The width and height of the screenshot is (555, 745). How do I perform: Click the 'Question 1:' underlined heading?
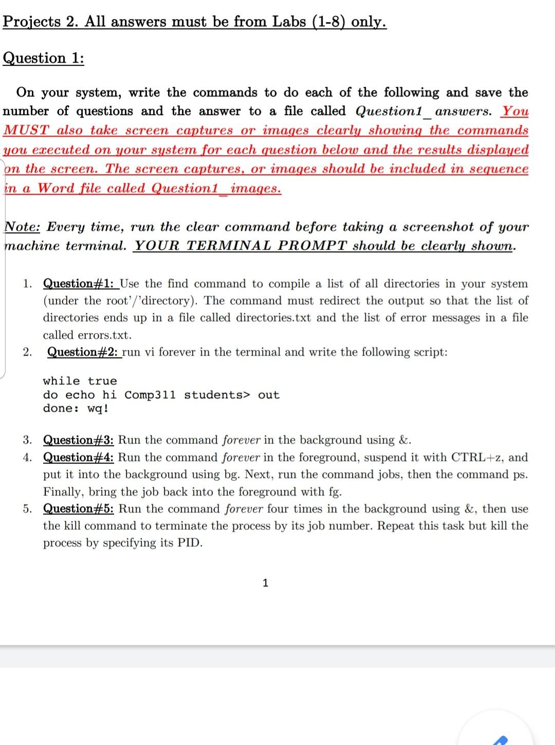click(44, 58)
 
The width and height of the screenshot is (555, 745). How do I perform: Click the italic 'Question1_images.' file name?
click(216, 189)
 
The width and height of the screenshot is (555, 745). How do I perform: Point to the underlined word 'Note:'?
click(23, 227)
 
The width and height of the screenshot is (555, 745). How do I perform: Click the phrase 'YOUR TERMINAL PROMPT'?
click(241, 246)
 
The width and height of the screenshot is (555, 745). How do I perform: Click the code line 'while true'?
click(80, 381)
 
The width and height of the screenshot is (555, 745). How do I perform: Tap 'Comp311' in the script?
click(150, 395)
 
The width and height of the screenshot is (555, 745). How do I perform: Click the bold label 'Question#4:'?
click(79, 457)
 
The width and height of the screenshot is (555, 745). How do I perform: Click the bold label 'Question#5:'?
click(79, 509)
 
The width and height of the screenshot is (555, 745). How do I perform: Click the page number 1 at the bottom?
click(265, 583)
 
